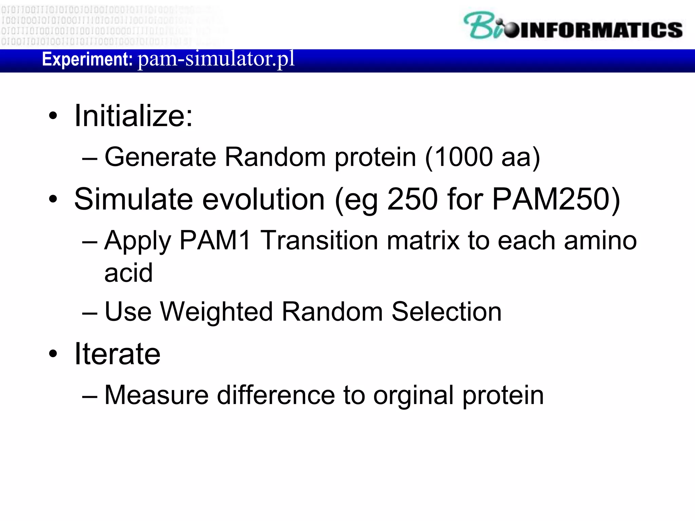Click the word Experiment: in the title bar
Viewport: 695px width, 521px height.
point(87,59)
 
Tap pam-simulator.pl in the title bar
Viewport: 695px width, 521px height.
point(216,59)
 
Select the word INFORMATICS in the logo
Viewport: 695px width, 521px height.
point(601,30)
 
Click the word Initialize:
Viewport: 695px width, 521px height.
point(133,116)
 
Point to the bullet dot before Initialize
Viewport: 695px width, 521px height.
point(53,116)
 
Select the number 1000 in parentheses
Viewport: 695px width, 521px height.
point(463,157)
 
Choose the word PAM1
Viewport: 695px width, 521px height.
point(215,240)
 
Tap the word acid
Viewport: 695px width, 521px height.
point(128,273)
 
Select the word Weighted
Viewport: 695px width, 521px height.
point(216,312)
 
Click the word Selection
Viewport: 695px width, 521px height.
point(446,312)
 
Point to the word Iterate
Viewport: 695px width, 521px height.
point(117,354)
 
